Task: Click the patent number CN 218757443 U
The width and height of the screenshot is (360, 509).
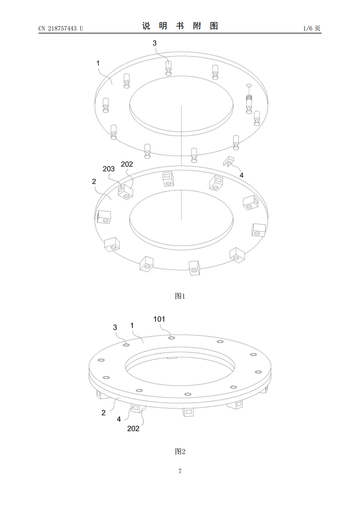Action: (x=61, y=28)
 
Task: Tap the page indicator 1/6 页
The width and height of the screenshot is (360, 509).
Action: (x=312, y=28)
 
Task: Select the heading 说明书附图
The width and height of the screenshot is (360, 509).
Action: (x=180, y=26)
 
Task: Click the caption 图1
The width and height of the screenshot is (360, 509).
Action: (x=180, y=296)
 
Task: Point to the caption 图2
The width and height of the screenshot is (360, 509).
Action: (x=180, y=451)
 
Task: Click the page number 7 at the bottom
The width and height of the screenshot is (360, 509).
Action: (x=180, y=471)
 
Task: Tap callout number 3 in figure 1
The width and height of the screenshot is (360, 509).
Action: (x=155, y=43)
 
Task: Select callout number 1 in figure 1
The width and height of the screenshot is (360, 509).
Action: (x=98, y=63)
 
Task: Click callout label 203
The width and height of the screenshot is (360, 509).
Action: (x=109, y=169)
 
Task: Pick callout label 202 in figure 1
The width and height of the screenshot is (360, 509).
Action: (x=127, y=164)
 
